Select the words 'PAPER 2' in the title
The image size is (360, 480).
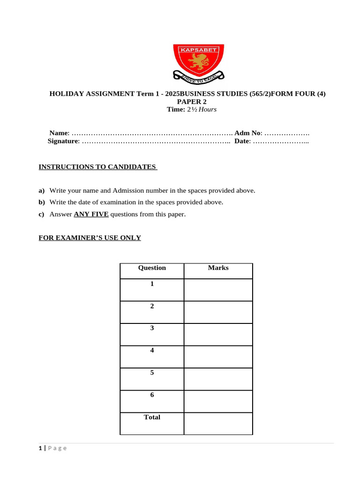(x=191, y=102)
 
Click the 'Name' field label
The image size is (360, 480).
(x=59, y=133)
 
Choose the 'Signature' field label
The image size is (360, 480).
(x=63, y=141)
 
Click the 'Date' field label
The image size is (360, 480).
(x=242, y=141)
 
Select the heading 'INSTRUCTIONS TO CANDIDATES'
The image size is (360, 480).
(x=97, y=167)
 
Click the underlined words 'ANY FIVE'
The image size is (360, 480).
(x=91, y=214)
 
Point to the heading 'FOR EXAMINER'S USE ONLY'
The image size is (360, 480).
(x=90, y=238)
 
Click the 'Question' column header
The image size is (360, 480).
(x=152, y=268)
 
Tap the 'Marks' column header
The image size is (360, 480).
(x=218, y=268)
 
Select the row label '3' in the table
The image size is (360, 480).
(x=152, y=328)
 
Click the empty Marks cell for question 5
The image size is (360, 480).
(x=218, y=379)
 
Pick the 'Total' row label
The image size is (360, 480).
(x=152, y=417)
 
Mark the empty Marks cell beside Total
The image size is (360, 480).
(x=218, y=423)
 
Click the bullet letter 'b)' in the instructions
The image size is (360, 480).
(x=41, y=202)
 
